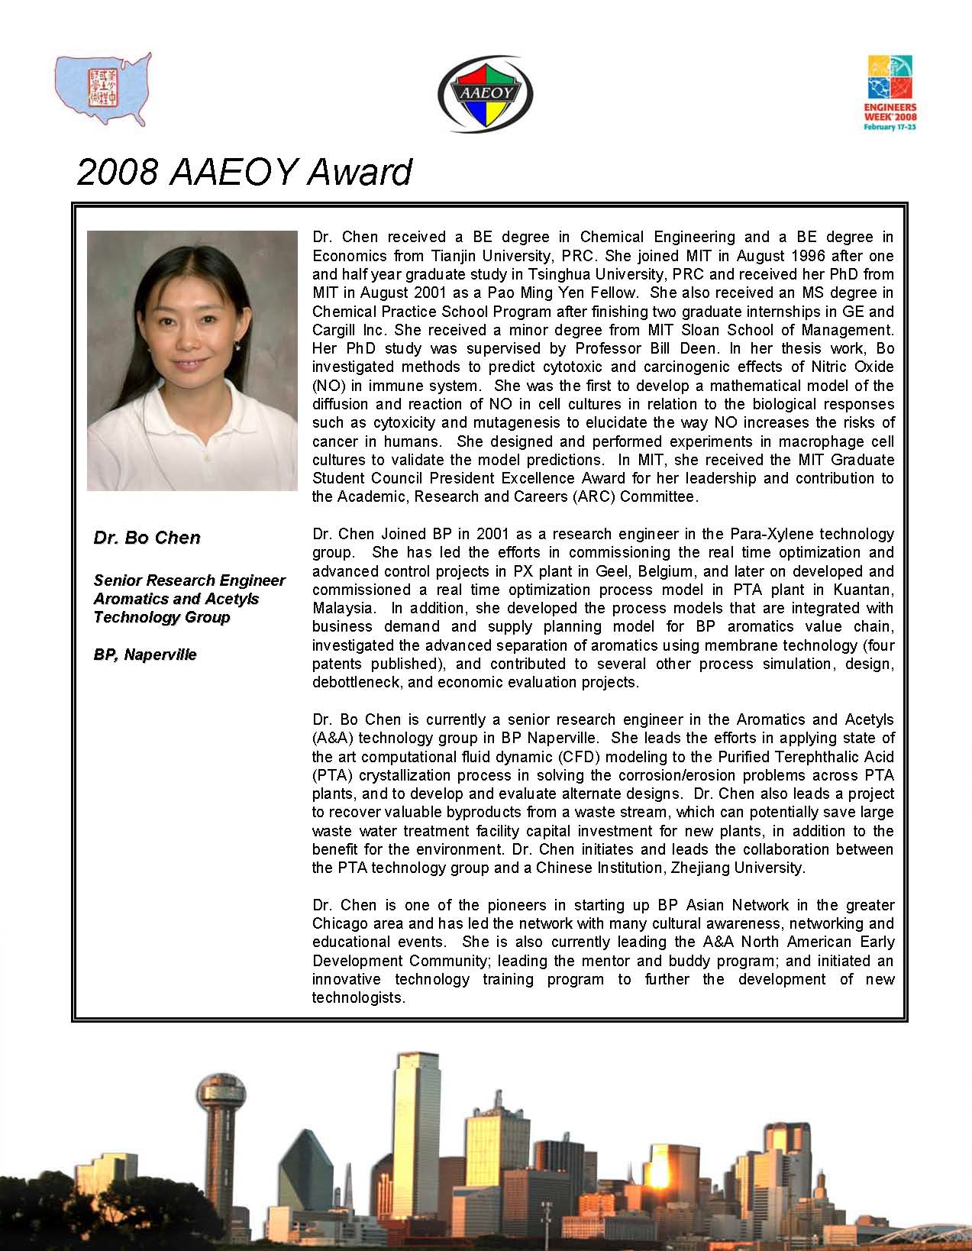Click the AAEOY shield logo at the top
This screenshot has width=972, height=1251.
[x=486, y=94]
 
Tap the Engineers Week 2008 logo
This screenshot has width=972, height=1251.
[x=890, y=92]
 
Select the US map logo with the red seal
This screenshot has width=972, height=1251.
[x=103, y=88]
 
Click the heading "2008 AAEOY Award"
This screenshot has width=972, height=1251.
[x=244, y=172]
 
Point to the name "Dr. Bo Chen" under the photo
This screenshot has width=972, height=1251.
[x=147, y=538]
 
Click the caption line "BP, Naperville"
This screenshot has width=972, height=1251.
[x=145, y=655]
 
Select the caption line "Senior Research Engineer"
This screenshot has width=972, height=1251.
[x=189, y=580]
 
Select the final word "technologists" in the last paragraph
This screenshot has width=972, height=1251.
[x=357, y=997]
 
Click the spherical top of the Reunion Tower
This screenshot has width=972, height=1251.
[x=220, y=1092]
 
